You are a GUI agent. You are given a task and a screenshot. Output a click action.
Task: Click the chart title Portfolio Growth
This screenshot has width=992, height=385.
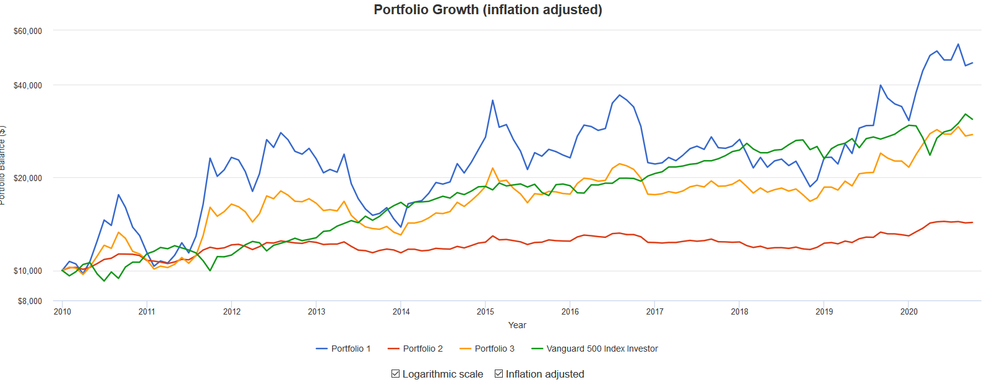click(x=487, y=10)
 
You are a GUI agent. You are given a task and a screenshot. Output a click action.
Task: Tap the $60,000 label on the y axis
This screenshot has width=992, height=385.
click(x=28, y=31)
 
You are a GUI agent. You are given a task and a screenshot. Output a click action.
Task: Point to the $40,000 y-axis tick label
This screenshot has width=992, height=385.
click(x=28, y=85)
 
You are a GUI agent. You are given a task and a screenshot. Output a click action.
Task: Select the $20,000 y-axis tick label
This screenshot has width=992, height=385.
click(x=28, y=178)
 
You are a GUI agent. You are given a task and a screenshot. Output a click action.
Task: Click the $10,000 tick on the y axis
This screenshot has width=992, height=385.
click(x=28, y=271)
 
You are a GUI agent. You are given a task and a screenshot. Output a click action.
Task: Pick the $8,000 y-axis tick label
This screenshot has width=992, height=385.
click(x=30, y=301)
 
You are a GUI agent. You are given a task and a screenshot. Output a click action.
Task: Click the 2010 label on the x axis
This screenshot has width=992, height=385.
click(x=62, y=311)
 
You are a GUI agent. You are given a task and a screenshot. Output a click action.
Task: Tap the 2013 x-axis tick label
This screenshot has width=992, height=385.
click(x=317, y=311)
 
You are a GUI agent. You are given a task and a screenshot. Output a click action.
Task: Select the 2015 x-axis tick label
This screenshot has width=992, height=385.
click(x=485, y=311)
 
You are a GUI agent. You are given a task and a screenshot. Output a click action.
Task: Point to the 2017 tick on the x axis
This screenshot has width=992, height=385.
click(x=655, y=311)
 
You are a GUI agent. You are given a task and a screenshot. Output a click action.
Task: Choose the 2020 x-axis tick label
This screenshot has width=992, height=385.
click(x=909, y=311)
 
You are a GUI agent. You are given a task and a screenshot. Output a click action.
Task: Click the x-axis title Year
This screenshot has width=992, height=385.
click(x=517, y=325)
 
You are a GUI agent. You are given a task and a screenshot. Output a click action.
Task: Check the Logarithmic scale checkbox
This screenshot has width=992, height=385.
click(x=396, y=374)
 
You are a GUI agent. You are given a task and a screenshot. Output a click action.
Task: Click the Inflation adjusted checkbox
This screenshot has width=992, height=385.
click(x=499, y=374)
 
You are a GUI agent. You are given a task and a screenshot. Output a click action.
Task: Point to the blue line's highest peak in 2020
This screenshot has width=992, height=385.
click(x=958, y=44)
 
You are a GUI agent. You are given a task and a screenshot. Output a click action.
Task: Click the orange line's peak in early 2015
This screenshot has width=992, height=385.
click(x=493, y=168)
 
